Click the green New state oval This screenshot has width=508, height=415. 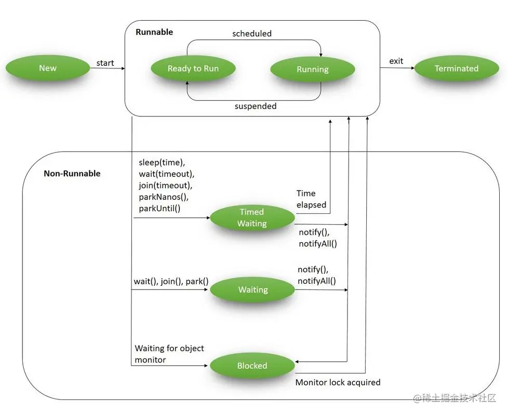[47, 68]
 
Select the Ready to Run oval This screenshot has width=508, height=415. [193, 68]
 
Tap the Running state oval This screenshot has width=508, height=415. [312, 70]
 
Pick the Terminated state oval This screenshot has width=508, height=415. [456, 68]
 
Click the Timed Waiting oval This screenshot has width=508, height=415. [252, 218]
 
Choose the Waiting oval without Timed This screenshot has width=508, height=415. [253, 290]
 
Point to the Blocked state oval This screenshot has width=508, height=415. [252, 366]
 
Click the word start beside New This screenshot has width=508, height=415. [105, 63]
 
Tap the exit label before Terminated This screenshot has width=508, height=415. [396, 61]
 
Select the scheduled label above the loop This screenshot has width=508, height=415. [252, 33]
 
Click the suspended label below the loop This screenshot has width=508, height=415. [255, 106]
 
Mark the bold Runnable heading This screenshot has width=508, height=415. [154, 32]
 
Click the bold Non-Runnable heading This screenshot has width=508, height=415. [72, 173]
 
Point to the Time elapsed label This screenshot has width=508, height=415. [311, 199]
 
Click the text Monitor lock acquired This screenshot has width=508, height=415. [338, 382]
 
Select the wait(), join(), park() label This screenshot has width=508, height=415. [171, 281]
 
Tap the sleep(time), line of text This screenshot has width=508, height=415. [162, 162]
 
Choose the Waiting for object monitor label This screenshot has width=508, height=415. [169, 354]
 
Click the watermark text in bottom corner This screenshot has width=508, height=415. [455, 398]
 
